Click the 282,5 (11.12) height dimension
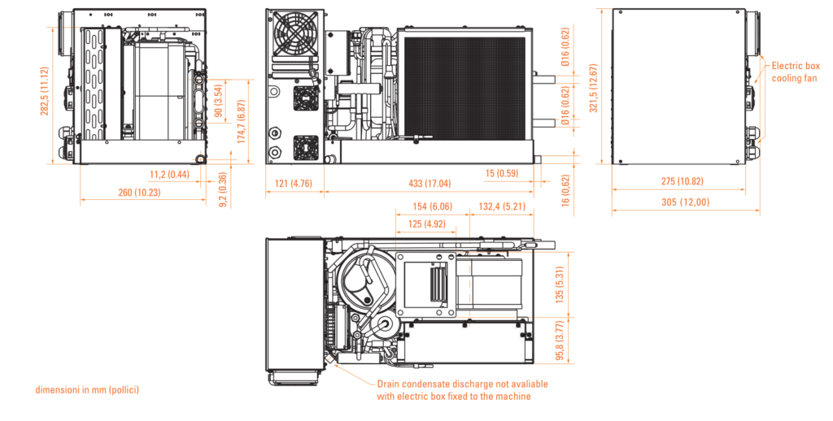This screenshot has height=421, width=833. [44, 91]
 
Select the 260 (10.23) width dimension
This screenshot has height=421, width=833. [139, 192]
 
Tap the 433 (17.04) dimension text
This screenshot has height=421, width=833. [430, 183]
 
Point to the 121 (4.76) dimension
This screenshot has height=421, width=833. [293, 184]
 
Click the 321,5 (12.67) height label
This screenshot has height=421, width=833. [593, 88]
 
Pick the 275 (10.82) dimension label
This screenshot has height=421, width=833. [683, 181]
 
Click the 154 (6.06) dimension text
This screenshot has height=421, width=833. [433, 206]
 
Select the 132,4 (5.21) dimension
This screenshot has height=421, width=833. [502, 206]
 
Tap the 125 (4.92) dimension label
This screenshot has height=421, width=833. [427, 224]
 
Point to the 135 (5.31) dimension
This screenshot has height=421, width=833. [559, 284]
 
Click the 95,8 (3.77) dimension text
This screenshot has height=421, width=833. [559, 341]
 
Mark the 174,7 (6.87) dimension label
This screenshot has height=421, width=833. [242, 122]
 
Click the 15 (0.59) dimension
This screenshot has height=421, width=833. [502, 173]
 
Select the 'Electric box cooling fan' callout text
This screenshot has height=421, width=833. [796, 72]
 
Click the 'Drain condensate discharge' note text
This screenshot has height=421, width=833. [462, 390]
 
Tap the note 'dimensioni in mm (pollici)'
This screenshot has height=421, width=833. [87, 389]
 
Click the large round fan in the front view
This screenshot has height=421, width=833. [294, 32]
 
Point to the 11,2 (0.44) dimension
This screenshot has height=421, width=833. [169, 174]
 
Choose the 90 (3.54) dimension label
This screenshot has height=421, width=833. [218, 101]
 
